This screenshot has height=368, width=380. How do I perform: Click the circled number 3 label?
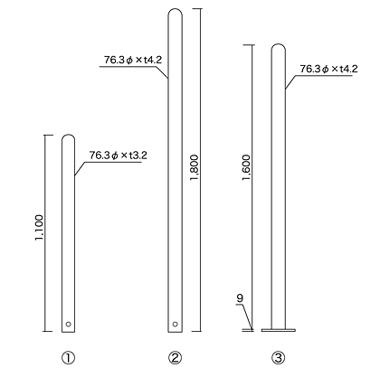point(279,356)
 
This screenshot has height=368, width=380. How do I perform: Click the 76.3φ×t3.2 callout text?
point(118,155)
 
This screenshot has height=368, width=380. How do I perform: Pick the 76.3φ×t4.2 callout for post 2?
point(132,61)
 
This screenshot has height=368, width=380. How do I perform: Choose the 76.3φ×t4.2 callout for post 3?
point(328,69)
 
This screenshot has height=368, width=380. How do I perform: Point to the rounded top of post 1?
point(68,138)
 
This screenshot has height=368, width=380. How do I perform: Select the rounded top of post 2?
point(174,12)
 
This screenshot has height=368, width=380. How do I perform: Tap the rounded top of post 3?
point(279,47)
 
